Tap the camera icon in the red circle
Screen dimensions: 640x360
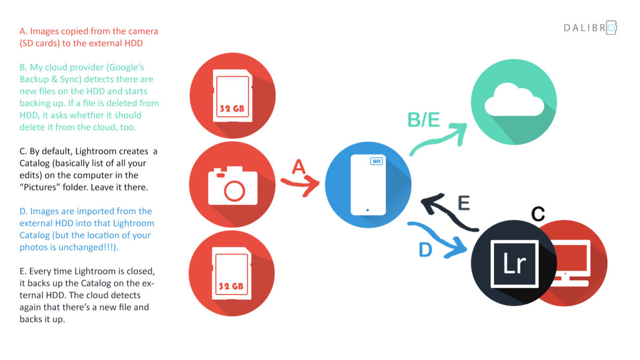[x=233, y=186]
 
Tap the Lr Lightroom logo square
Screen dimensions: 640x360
[x=514, y=263]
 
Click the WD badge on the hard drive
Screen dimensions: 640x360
[x=377, y=161]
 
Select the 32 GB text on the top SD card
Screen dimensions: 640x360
[x=232, y=109]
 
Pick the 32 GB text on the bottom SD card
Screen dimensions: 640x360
[x=231, y=286]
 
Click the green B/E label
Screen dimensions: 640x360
[x=423, y=119]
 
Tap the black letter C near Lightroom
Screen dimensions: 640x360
[x=538, y=214]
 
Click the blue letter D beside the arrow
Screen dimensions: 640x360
[x=426, y=250]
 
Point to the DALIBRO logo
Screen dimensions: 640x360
[x=590, y=28]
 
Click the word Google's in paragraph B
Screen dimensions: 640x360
[x=126, y=67]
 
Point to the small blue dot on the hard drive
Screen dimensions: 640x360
[x=367, y=210]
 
